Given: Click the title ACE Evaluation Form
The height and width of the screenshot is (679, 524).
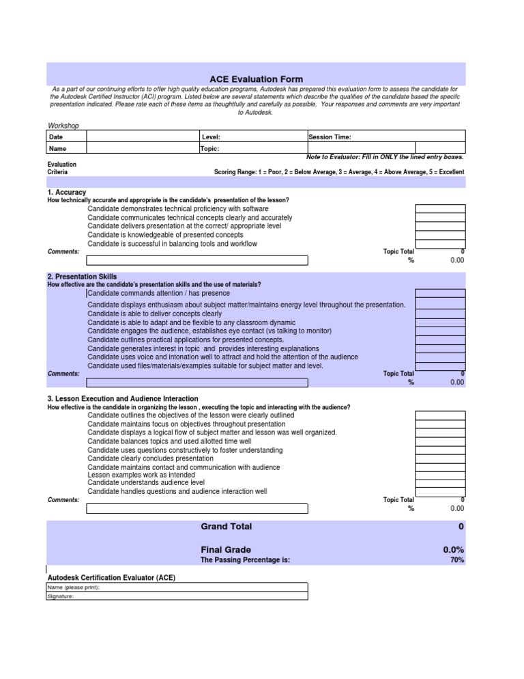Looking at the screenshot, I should [256, 79].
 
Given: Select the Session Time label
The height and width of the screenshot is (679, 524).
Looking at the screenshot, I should [330, 137].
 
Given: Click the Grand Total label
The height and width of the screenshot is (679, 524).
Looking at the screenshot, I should [226, 527].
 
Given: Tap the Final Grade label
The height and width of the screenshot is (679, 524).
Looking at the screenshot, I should [226, 550].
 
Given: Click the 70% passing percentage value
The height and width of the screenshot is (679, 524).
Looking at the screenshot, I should [457, 560].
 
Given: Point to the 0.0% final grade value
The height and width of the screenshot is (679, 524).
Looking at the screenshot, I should [454, 550].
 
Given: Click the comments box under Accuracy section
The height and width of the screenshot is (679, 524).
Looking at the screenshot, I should [197, 260].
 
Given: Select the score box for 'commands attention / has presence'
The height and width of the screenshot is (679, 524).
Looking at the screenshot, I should [440, 293].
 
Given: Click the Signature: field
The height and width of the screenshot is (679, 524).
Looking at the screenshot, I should [177, 596].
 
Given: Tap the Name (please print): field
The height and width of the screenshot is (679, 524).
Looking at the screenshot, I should [177, 587].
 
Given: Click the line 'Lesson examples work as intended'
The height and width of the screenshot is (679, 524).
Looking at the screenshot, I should [136, 475].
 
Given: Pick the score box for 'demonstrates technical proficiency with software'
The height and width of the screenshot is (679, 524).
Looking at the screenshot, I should [440, 209].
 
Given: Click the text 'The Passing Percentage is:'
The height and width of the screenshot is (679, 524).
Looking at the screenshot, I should [245, 560].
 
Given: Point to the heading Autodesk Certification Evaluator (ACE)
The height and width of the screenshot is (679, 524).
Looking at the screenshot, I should [111, 577].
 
